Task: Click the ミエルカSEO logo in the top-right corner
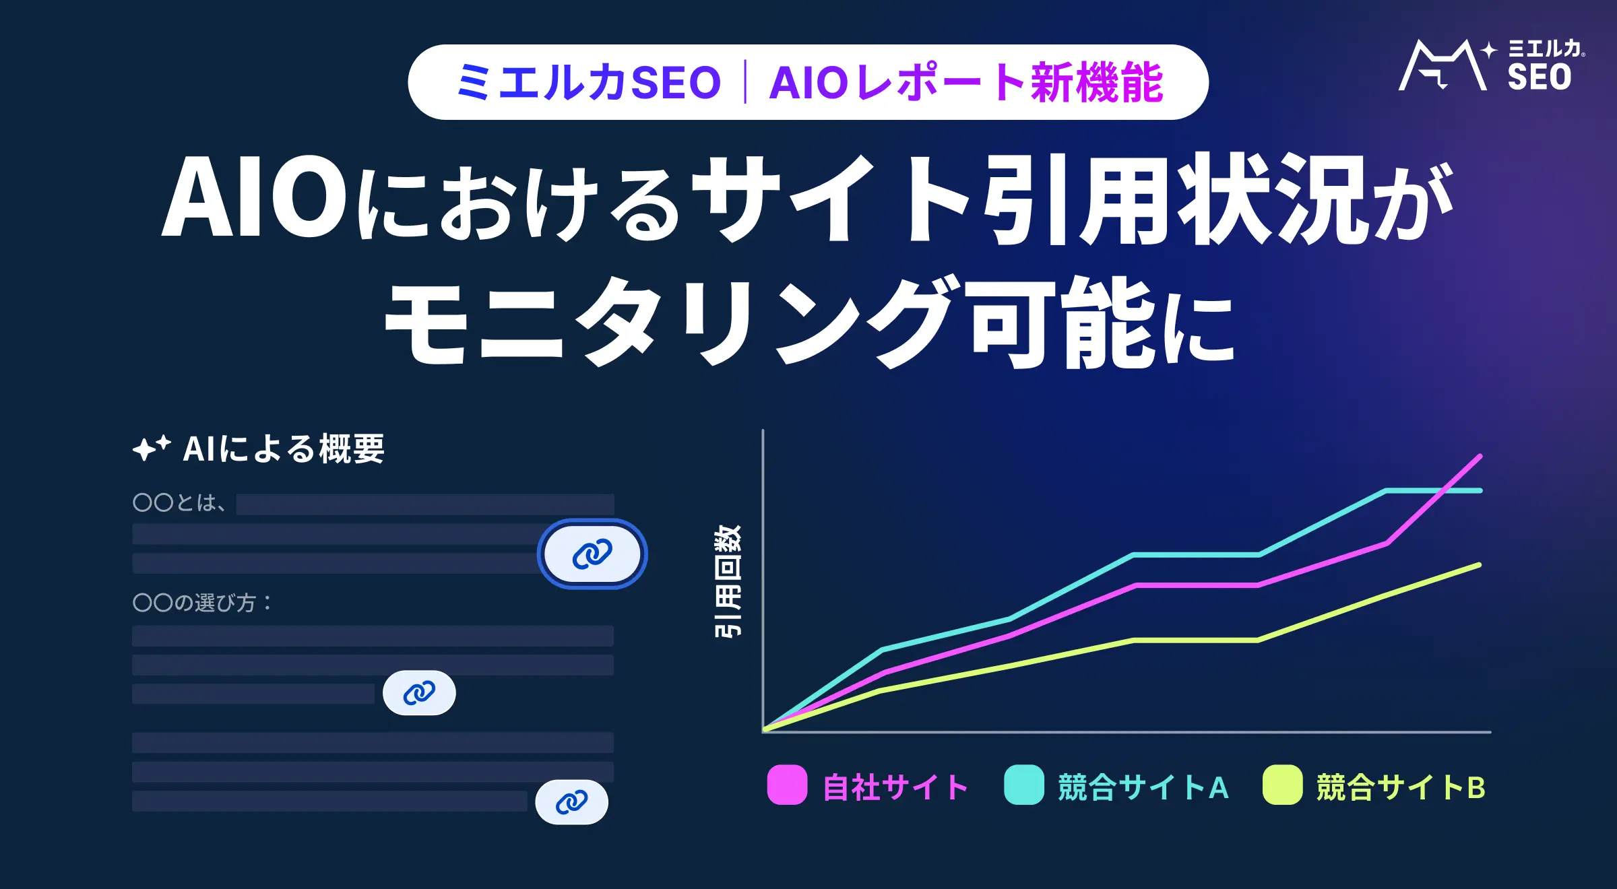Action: (x=1492, y=65)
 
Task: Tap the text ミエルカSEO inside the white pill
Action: (x=589, y=82)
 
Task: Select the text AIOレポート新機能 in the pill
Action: (x=966, y=82)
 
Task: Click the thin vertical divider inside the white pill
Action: (x=745, y=82)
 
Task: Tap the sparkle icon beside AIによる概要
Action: (x=152, y=448)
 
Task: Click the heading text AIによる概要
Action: (x=284, y=449)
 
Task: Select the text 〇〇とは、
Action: (x=179, y=502)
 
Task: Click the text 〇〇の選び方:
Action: (x=202, y=602)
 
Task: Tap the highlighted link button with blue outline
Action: (x=592, y=554)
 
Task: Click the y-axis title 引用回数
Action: (x=728, y=581)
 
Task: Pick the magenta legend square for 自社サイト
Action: (x=787, y=785)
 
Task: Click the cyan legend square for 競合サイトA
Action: (x=1024, y=785)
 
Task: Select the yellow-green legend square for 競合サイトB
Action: (x=1283, y=785)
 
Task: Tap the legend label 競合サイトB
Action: (x=1401, y=787)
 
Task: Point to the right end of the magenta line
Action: (x=1480, y=457)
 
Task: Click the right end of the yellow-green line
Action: (x=1480, y=565)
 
